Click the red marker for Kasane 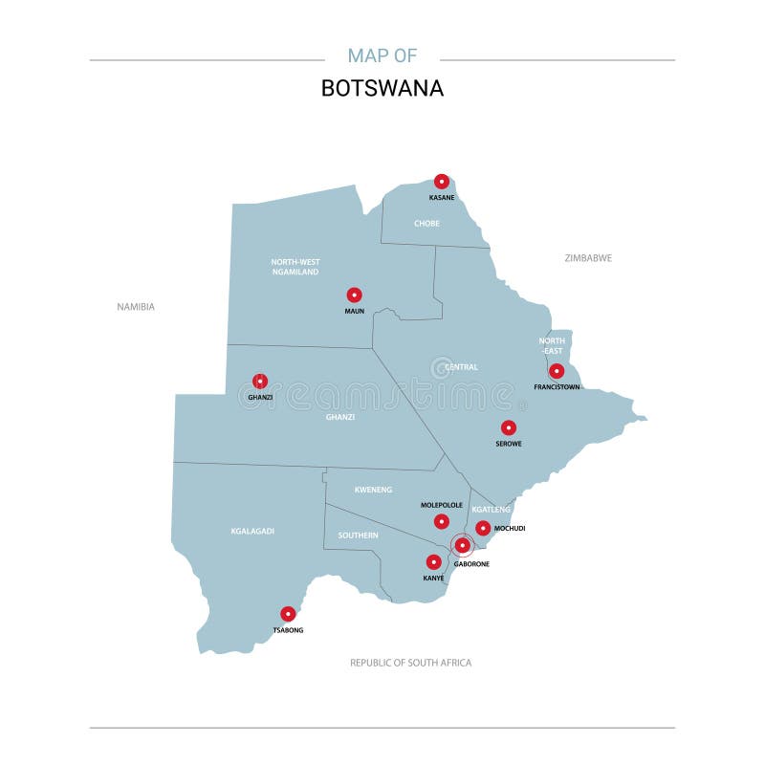point(442,182)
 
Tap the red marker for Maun point(355,295)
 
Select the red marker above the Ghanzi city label point(259,382)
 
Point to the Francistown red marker point(557,371)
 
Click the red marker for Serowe point(509,428)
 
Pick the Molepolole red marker point(441,521)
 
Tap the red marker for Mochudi point(484,528)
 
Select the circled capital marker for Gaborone point(463,546)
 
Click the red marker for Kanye point(434,562)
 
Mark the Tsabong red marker point(288,614)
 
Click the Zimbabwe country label point(588,258)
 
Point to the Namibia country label point(136,307)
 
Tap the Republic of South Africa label point(410,663)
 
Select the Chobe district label point(426,224)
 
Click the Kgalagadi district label point(252,531)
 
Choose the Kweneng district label point(373,490)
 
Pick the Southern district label point(358,535)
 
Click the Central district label point(462,367)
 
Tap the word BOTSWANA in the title point(382,88)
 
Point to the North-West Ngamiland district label point(295,267)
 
